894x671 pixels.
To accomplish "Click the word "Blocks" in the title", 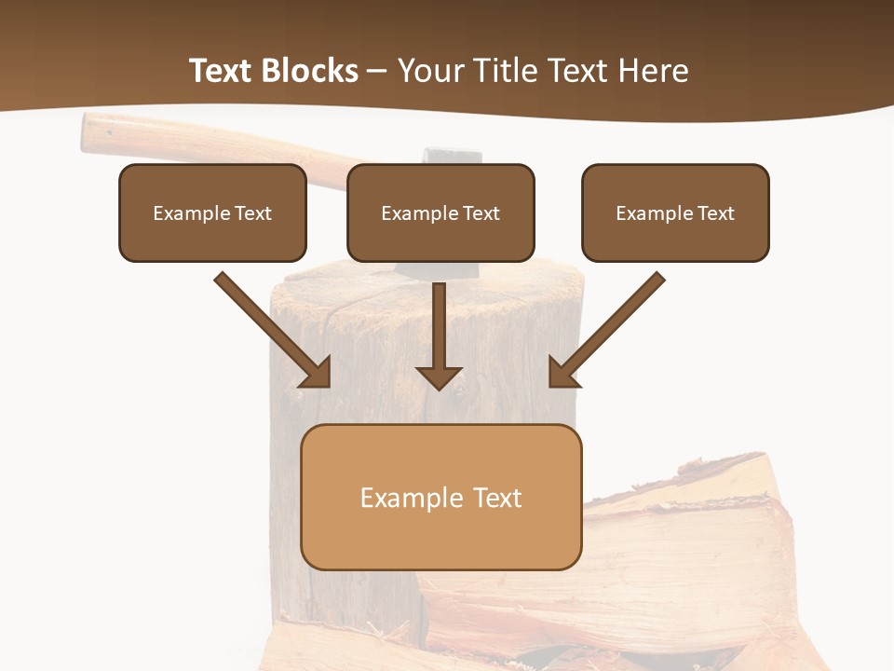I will tap(310, 71).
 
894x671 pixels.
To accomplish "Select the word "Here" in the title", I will tap(652, 71).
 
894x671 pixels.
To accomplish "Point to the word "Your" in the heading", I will tap(428, 71).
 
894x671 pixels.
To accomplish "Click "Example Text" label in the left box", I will tap(212, 213).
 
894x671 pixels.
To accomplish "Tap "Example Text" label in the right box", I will tap(675, 213).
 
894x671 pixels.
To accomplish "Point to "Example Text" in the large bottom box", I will tap(440, 498).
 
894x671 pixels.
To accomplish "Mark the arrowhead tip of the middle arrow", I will tap(439, 388).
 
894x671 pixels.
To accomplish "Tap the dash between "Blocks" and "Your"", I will tap(377, 71).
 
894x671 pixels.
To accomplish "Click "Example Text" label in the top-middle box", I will tap(440, 213).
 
